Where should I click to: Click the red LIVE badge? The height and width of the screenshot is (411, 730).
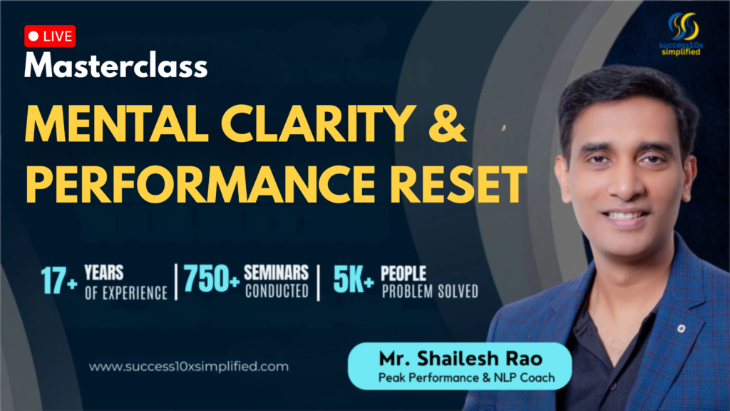tap(50, 36)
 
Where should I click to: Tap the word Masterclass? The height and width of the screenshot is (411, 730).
tap(116, 65)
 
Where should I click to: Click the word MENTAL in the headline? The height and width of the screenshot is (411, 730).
tap(116, 123)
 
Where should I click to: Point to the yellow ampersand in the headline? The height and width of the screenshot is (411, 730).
tap(447, 123)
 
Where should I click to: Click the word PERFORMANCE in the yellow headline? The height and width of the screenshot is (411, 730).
tap(200, 185)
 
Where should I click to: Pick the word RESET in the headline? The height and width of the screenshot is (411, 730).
tap(458, 185)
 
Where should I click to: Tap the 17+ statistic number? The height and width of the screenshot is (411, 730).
tap(58, 281)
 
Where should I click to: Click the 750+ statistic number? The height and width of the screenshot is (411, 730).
tap(211, 279)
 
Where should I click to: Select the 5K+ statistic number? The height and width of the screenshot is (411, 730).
tap(354, 280)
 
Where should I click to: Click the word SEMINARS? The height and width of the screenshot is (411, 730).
tap(276, 273)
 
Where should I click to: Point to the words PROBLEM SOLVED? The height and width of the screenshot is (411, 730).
tap(430, 291)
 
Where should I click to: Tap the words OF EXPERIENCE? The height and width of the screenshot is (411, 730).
tap(126, 293)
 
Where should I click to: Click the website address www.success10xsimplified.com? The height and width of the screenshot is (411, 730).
tap(188, 367)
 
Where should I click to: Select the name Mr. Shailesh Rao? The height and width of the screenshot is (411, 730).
tap(461, 359)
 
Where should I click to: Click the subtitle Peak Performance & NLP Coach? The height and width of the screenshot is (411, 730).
tap(466, 378)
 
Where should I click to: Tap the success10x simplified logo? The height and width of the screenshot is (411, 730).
tap(682, 34)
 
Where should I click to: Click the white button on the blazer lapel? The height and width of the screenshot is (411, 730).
tap(681, 328)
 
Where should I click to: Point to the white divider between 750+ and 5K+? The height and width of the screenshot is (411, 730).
tap(319, 283)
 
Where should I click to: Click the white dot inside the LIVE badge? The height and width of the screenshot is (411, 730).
tap(34, 36)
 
